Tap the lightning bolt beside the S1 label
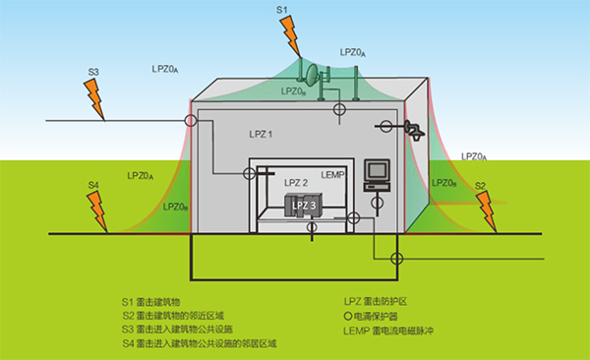[292, 37]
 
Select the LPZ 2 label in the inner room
[296, 183]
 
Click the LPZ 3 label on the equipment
[304, 204]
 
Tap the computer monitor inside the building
[377, 173]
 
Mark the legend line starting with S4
[200, 344]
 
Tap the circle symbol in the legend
[349, 315]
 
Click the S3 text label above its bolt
[93, 72]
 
